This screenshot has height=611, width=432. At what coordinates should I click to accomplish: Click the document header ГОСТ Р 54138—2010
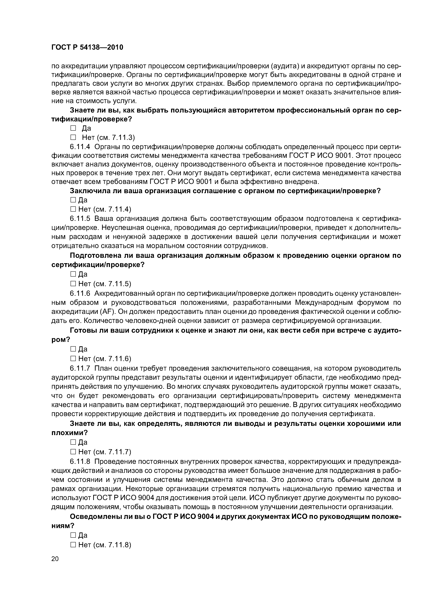(x=87, y=48)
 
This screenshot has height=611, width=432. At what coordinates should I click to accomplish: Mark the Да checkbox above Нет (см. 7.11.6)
(x=73, y=349)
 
